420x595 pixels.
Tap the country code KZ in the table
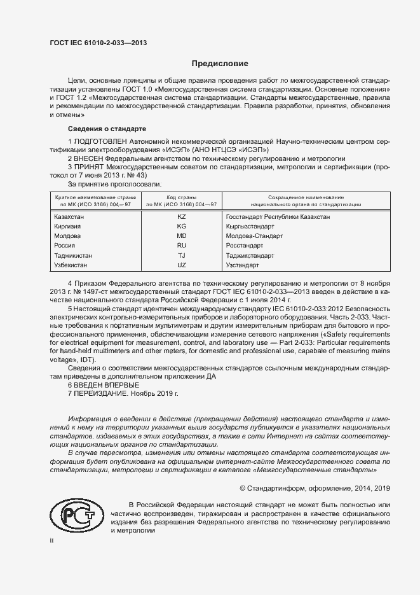point(182,217)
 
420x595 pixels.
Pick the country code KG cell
point(182,226)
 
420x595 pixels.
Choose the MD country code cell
point(182,235)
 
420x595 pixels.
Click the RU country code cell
point(182,245)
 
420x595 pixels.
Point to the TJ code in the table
point(182,255)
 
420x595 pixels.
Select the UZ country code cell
point(182,264)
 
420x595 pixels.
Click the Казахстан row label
point(70,217)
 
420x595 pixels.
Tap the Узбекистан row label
point(71,264)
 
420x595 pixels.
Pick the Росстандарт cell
point(245,245)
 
